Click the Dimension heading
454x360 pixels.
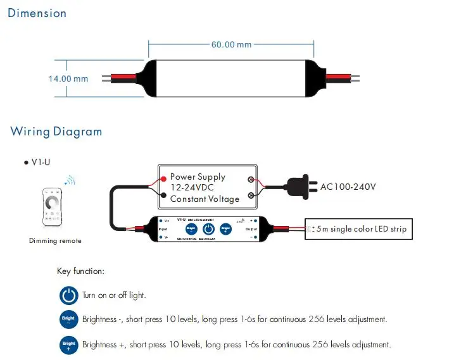pyautogui.click(x=37, y=13)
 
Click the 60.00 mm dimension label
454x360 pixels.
pyautogui.click(x=231, y=45)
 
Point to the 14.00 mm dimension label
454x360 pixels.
pyautogui.click(x=68, y=79)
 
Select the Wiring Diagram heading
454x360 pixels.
pyautogui.click(x=56, y=132)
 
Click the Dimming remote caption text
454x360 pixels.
pyautogui.click(x=55, y=240)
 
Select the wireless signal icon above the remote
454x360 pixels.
pyautogui.click(x=70, y=182)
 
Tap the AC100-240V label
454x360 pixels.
pyautogui.click(x=348, y=187)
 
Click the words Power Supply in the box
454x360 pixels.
pyautogui.click(x=198, y=177)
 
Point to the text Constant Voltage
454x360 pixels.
pyautogui.click(x=205, y=199)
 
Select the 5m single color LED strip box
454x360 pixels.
pyautogui.click(x=358, y=229)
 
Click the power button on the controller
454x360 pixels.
pyautogui.click(x=208, y=230)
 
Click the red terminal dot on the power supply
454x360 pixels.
pyautogui.click(x=163, y=178)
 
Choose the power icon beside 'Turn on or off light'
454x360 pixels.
pyautogui.click(x=68, y=295)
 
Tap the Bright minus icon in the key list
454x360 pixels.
pyautogui.click(x=68, y=320)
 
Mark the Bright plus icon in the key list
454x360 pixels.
pyautogui.click(x=68, y=345)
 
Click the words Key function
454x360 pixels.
pyautogui.click(x=80, y=271)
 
